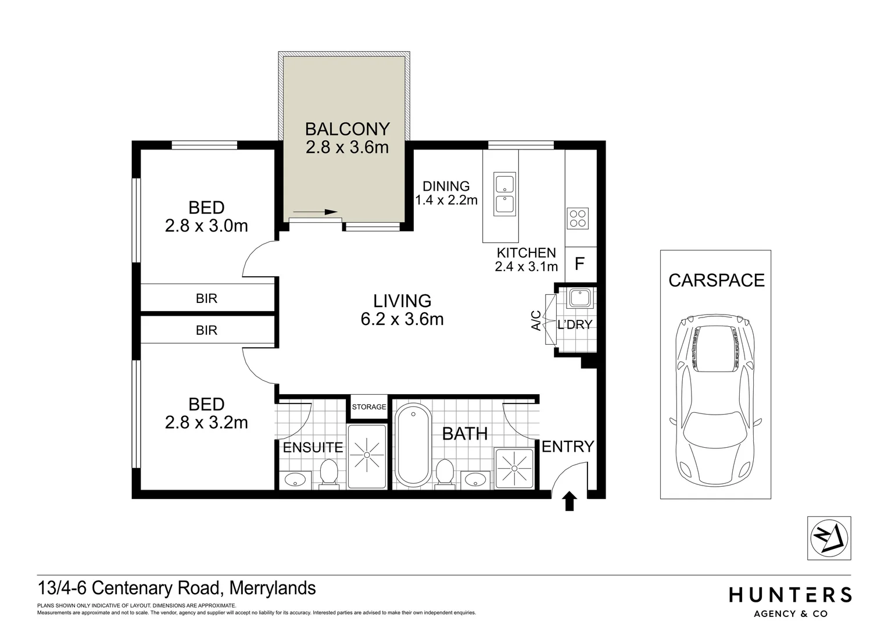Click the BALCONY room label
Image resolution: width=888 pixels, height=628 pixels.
point(347,128)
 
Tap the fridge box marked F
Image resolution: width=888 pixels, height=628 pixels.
point(579,264)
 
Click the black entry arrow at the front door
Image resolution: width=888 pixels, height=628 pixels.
point(570,501)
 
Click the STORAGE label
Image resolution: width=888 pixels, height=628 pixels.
point(369,406)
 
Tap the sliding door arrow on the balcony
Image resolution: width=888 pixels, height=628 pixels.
point(315,212)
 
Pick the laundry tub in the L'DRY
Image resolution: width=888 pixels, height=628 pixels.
point(579,298)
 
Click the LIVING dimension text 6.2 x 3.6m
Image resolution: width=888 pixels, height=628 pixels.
point(402,319)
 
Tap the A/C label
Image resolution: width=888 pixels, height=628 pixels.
point(536,320)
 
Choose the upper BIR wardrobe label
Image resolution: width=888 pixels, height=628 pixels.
point(206,298)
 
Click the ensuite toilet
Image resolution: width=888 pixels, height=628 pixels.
point(330,472)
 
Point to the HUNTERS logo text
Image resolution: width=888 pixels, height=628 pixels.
point(790,594)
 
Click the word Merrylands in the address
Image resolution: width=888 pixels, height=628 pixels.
point(273,588)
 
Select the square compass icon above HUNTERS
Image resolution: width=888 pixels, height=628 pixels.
point(829,538)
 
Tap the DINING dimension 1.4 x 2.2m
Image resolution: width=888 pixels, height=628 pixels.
point(446,200)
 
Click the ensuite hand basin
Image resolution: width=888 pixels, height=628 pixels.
point(296,480)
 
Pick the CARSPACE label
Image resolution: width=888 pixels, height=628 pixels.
point(716,280)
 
